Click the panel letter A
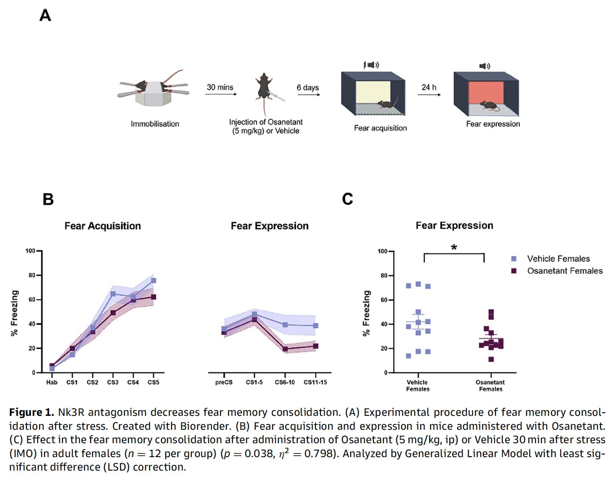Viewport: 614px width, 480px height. point(45,16)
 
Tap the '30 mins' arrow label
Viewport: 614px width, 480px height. point(220,87)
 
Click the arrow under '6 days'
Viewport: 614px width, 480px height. point(309,95)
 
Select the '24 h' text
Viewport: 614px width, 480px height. point(429,87)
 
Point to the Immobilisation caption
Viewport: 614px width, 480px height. point(155,124)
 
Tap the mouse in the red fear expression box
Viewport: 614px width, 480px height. point(489,106)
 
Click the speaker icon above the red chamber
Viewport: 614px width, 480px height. point(484,66)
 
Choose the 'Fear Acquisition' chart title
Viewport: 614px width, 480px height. point(102,226)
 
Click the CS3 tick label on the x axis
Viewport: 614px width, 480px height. point(113,383)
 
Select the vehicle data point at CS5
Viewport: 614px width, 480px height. point(153,280)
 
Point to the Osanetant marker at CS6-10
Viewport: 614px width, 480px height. point(285,349)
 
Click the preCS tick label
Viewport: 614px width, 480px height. point(224,383)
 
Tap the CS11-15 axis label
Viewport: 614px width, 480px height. point(315,383)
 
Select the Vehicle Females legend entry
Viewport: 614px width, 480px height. point(558,259)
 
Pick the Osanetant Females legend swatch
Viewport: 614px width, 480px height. point(514,271)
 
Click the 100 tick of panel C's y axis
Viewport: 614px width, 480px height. point(382,251)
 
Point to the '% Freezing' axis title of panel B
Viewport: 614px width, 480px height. point(15,313)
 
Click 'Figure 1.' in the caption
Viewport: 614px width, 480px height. point(31,412)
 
